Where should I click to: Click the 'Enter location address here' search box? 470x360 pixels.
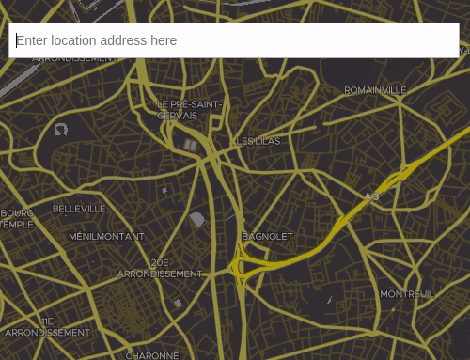click(233, 40)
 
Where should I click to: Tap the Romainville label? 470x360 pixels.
click(375, 91)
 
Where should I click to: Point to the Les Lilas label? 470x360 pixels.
click(258, 142)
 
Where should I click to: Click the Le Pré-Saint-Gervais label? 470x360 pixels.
click(189, 110)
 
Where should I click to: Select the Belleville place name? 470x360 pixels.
click(79, 209)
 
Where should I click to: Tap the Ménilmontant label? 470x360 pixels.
click(106, 237)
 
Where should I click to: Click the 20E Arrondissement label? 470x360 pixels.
click(160, 269)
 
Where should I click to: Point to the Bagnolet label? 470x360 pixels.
click(268, 237)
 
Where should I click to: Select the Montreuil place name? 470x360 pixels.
click(406, 294)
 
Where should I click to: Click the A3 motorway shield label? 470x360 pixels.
click(371, 196)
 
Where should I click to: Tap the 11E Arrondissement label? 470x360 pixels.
click(47, 327)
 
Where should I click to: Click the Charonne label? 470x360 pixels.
click(152, 355)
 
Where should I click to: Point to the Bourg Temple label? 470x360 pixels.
click(17, 219)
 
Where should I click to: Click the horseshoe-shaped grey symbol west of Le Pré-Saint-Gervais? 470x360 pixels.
click(61, 130)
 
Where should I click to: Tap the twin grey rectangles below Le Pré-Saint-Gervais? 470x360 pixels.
click(191, 145)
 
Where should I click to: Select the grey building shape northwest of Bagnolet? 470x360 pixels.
click(196, 220)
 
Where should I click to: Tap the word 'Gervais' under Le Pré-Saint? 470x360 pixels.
click(178, 116)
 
